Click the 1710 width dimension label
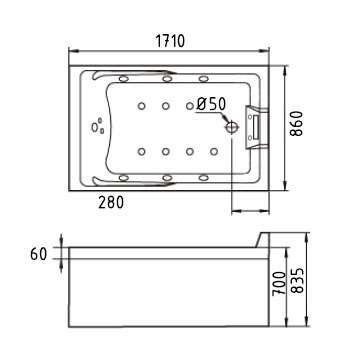(170, 41)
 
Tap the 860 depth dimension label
(296, 123)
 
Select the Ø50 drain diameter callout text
(211, 104)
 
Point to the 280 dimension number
(111, 202)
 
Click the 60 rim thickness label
(39, 254)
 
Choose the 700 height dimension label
(278, 283)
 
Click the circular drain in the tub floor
(232, 126)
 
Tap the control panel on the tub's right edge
(257, 126)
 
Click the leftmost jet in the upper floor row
(141, 106)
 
